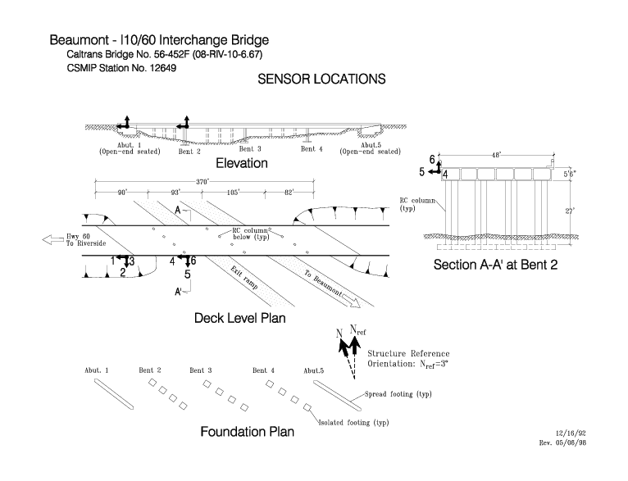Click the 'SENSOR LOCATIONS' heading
point(321,79)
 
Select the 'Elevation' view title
point(242,163)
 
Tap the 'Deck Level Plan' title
point(240,318)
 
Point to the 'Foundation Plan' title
point(247,432)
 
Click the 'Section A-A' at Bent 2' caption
point(495,265)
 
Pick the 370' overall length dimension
point(203,182)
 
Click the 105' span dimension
point(233,193)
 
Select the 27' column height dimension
point(570,211)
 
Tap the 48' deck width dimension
point(496,155)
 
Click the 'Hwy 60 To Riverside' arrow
point(52,240)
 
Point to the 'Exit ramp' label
point(244,278)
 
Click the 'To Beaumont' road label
point(323,284)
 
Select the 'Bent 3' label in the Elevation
point(250,149)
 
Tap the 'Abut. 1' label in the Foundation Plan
point(96,370)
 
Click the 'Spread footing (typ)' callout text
point(398,394)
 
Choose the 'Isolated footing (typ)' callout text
point(353,423)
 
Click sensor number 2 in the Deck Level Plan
point(123,273)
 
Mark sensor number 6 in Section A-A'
point(432,160)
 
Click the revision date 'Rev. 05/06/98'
point(562,442)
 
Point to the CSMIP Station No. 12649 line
point(121,68)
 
